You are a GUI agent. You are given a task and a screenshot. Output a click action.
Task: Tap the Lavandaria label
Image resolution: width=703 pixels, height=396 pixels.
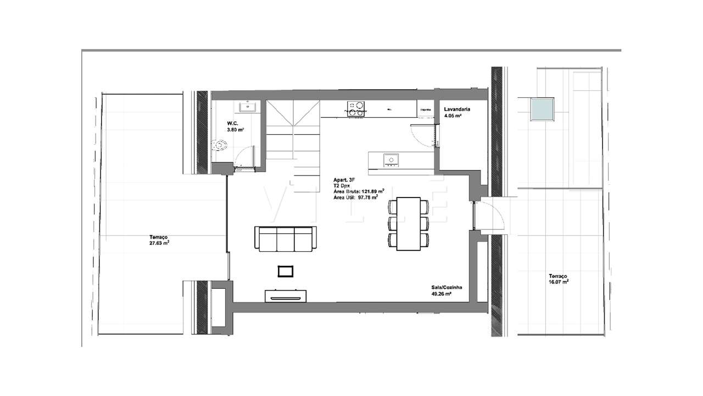pyautogui.click(x=457, y=109)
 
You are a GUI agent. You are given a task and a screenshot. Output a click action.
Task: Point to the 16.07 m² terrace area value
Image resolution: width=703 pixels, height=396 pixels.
pyautogui.click(x=558, y=282)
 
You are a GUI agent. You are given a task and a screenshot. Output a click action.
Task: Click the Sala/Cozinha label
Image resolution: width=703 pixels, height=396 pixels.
pyautogui.click(x=446, y=288)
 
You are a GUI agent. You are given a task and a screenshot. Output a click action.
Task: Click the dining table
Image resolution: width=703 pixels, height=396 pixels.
pyautogui.click(x=408, y=223)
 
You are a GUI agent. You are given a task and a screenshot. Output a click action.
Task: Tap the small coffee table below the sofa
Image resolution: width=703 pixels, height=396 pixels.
pyautogui.click(x=286, y=271)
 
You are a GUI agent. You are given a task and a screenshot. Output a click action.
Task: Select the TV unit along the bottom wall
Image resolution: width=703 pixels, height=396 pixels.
pyautogui.click(x=286, y=296)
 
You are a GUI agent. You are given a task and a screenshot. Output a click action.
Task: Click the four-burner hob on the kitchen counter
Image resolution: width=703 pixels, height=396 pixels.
pyautogui.click(x=355, y=107)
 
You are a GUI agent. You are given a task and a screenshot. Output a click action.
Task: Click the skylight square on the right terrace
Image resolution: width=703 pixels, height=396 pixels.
pyautogui.click(x=542, y=109)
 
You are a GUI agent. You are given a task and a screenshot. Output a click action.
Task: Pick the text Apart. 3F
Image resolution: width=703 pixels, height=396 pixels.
pyautogui.click(x=344, y=180)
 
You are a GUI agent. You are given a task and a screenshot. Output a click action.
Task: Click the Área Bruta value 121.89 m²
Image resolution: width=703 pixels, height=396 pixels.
pyautogui.click(x=371, y=191)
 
